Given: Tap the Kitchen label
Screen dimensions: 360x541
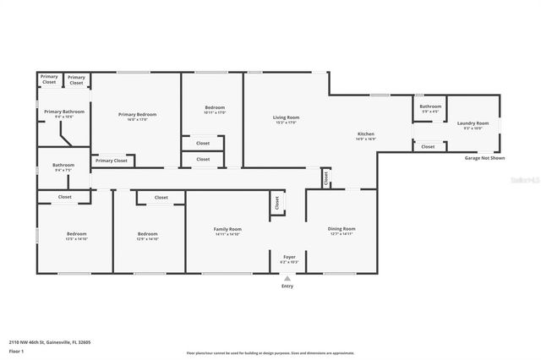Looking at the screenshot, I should pos(366,134).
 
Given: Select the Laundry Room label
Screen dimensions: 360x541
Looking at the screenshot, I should pos(473,123).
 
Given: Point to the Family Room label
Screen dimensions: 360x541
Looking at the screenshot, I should pos(227,229).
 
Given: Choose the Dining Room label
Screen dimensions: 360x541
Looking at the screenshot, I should pos(342,229).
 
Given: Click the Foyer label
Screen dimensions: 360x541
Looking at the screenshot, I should pos(288,258).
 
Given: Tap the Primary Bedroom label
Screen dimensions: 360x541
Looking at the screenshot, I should pos(137,114).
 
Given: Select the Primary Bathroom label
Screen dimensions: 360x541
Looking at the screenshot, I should pos(64,112).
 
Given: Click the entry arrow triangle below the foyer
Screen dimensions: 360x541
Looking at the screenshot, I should pos(287,278).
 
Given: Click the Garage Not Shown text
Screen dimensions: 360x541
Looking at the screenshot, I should pos(485,158).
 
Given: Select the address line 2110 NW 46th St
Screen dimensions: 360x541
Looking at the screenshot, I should pos(50,342).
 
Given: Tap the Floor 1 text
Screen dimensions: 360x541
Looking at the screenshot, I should pos(17,350).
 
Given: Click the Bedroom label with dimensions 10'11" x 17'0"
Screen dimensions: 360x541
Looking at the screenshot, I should pos(215,107).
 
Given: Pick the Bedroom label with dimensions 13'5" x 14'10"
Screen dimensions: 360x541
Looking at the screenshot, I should pos(77,234).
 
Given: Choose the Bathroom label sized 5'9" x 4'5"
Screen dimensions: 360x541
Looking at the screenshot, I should pos(429,106).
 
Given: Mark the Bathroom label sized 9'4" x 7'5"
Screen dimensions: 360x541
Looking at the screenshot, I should pos(63,165).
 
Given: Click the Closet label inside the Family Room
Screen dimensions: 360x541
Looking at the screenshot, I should pos(276,204).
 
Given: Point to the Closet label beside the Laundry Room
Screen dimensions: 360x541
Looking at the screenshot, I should pos(428,146).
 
